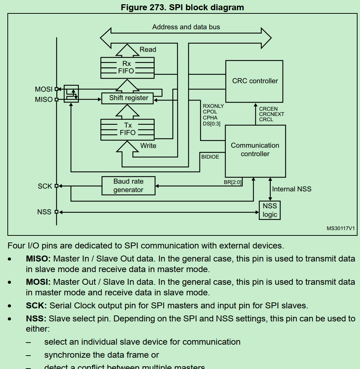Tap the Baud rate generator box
128,186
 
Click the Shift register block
128,98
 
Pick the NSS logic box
270,210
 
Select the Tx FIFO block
127,129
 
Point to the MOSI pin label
43,89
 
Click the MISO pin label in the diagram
43,100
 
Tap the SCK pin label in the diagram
45,186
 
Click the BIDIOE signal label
210,157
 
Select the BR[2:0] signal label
232,182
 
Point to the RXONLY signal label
213,106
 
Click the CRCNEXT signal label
271,114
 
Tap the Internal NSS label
292,189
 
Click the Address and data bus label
186,27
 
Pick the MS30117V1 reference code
340,228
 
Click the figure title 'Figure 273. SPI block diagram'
182,7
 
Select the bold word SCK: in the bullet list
36,306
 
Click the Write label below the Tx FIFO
148,146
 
